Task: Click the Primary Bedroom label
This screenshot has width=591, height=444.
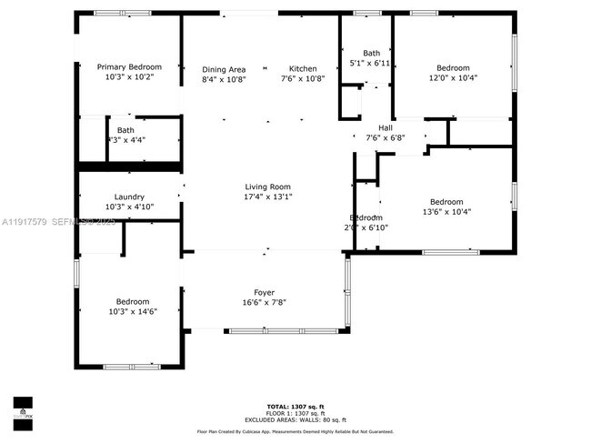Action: tap(129, 67)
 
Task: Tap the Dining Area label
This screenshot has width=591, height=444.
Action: tap(224, 69)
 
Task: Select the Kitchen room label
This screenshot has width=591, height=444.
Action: tap(303, 69)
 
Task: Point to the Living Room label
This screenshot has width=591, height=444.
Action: tap(267, 187)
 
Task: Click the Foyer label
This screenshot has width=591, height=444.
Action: tap(265, 292)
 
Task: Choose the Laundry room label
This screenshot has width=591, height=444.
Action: tap(129, 197)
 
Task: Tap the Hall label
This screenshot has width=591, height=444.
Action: tap(386, 128)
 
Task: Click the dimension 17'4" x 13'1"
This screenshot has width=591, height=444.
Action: tap(267, 197)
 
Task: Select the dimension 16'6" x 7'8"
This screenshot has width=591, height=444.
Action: tap(265, 302)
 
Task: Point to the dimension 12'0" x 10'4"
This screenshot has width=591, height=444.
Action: tap(453, 78)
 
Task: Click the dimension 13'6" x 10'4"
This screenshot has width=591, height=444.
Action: tap(446, 212)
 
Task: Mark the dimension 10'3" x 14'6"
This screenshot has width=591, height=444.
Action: tap(131, 311)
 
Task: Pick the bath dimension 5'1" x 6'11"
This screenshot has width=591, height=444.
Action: tap(370, 63)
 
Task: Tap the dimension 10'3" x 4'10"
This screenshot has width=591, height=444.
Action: tap(129, 207)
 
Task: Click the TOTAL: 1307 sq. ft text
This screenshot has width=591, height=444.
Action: tap(296, 406)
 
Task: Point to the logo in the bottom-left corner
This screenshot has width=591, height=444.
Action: tap(23, 408)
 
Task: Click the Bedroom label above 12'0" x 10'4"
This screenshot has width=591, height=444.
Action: tap(453, 68)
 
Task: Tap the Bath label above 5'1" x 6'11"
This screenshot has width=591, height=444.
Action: tap(371, 53)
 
